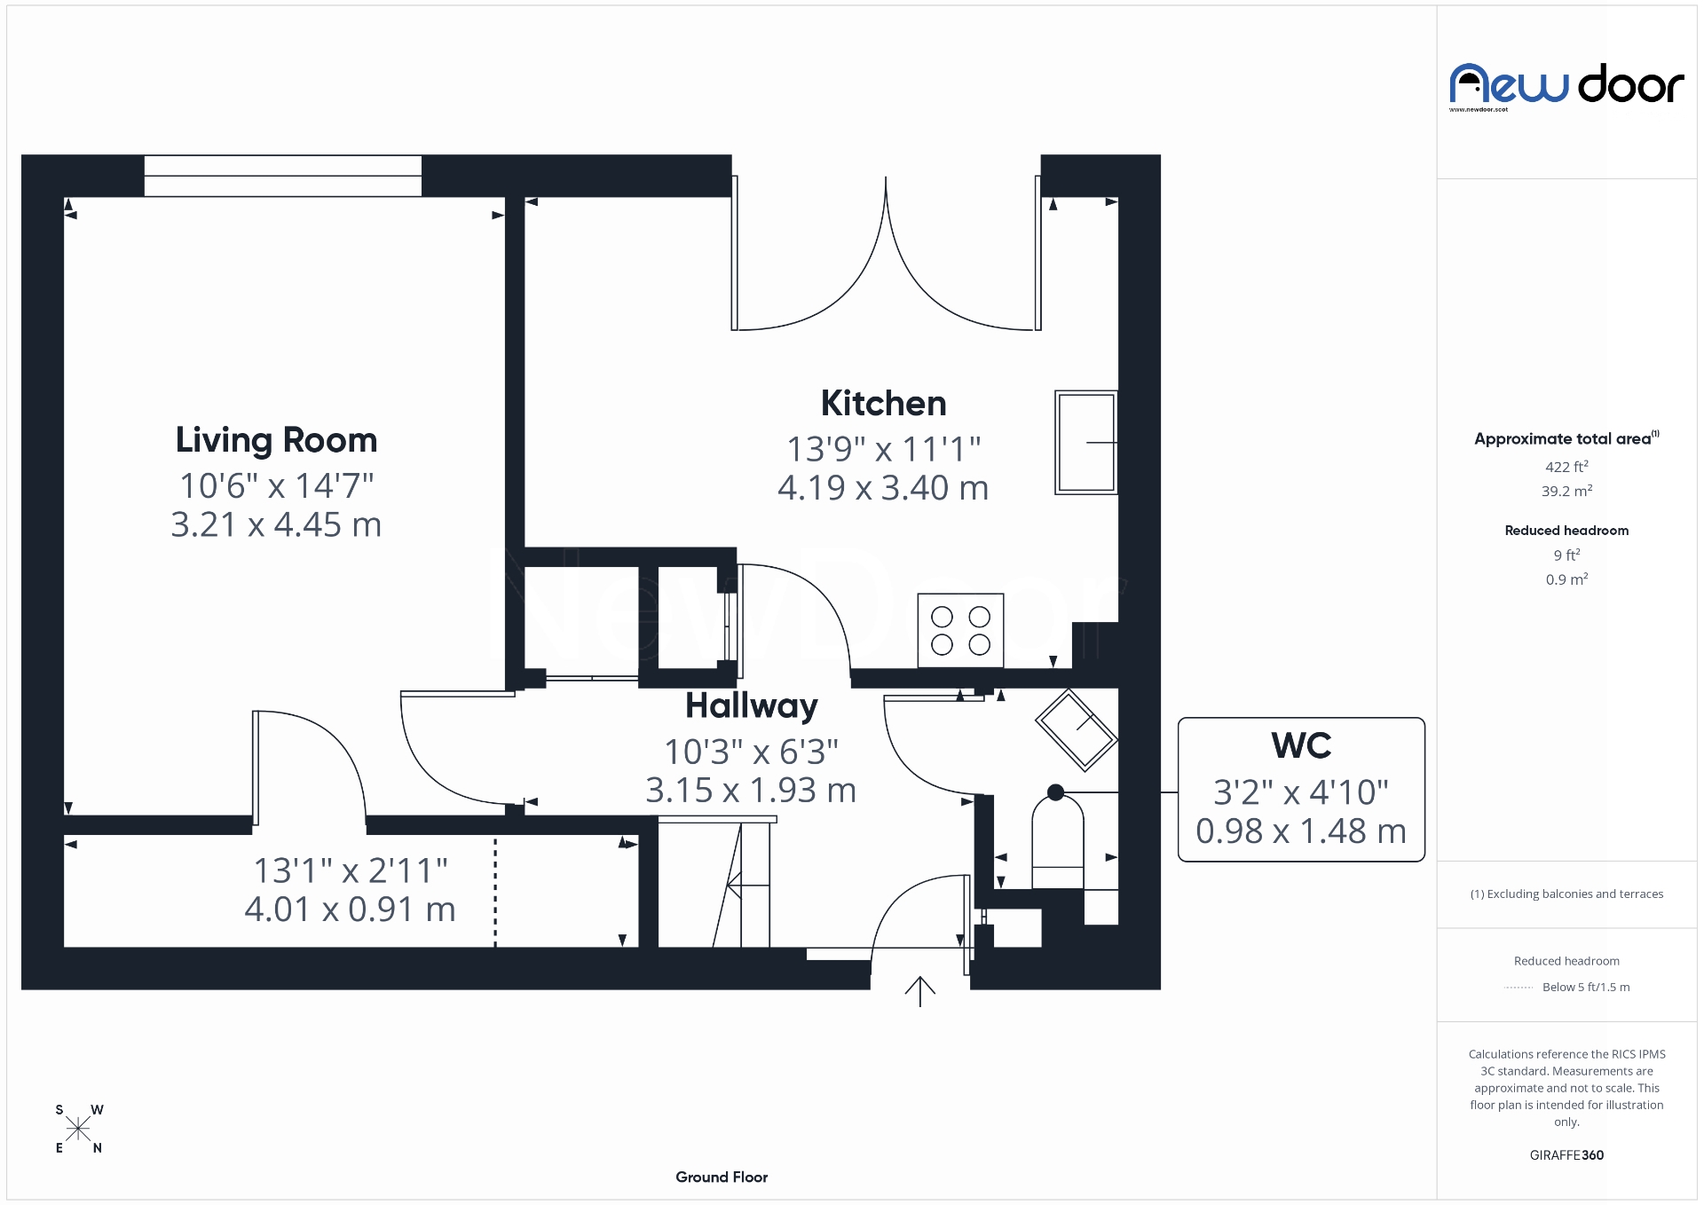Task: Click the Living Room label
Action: coord(276,440)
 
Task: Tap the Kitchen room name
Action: coord(883,404)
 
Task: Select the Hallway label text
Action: coord(752,706)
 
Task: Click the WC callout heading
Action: coord(1301,746)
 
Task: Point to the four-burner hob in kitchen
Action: coord(960,630)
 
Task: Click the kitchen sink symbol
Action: coord(1085,442)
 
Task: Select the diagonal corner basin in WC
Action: coord(1076,729)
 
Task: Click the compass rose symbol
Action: coord(78,1129)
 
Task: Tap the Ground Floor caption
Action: coord(722,1177)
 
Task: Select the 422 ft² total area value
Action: coord(1566,467)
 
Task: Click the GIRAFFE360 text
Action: coord(1566,1155)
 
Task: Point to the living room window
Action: coord(282,176)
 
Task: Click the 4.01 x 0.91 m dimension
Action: coord(350,910)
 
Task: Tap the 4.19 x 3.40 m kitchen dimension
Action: coord(883,488)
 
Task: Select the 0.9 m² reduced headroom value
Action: coord(1566,579)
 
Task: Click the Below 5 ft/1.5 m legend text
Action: coord(1585,987)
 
